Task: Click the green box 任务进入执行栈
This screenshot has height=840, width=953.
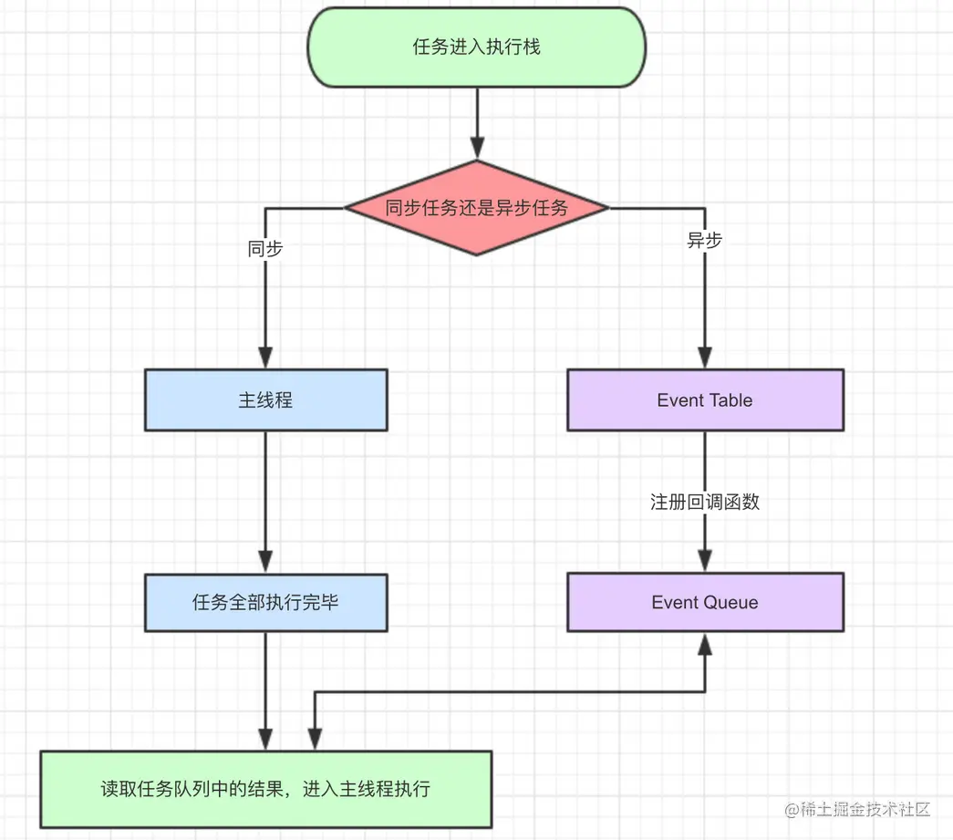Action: [476, 47]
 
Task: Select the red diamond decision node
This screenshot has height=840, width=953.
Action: [476, 208]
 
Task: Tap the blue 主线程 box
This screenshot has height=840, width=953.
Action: [265, 399]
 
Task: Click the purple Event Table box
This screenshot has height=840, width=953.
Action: [705, 399]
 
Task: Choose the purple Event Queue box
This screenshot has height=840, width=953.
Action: [705, 602]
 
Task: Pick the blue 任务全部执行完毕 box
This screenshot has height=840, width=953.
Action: [265, 602]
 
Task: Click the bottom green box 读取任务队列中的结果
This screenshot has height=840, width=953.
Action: [265, 789]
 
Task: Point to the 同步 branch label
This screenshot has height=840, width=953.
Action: [265, 249]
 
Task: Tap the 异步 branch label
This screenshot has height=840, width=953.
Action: [704, 241]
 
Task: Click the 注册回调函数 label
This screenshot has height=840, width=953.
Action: [705, 502]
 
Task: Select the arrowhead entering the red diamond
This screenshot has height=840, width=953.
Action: [476, 148]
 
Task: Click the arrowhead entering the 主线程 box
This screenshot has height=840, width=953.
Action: [265, 358]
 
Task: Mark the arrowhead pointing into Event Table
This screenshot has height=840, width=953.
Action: [705, 358]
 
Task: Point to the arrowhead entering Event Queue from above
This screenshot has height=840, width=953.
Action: [705, 561]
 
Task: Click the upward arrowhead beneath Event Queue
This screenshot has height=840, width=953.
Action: [705, 644]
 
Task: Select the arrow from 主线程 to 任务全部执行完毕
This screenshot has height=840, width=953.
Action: [265, 497]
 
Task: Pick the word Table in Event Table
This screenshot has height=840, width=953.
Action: [730, 399]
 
